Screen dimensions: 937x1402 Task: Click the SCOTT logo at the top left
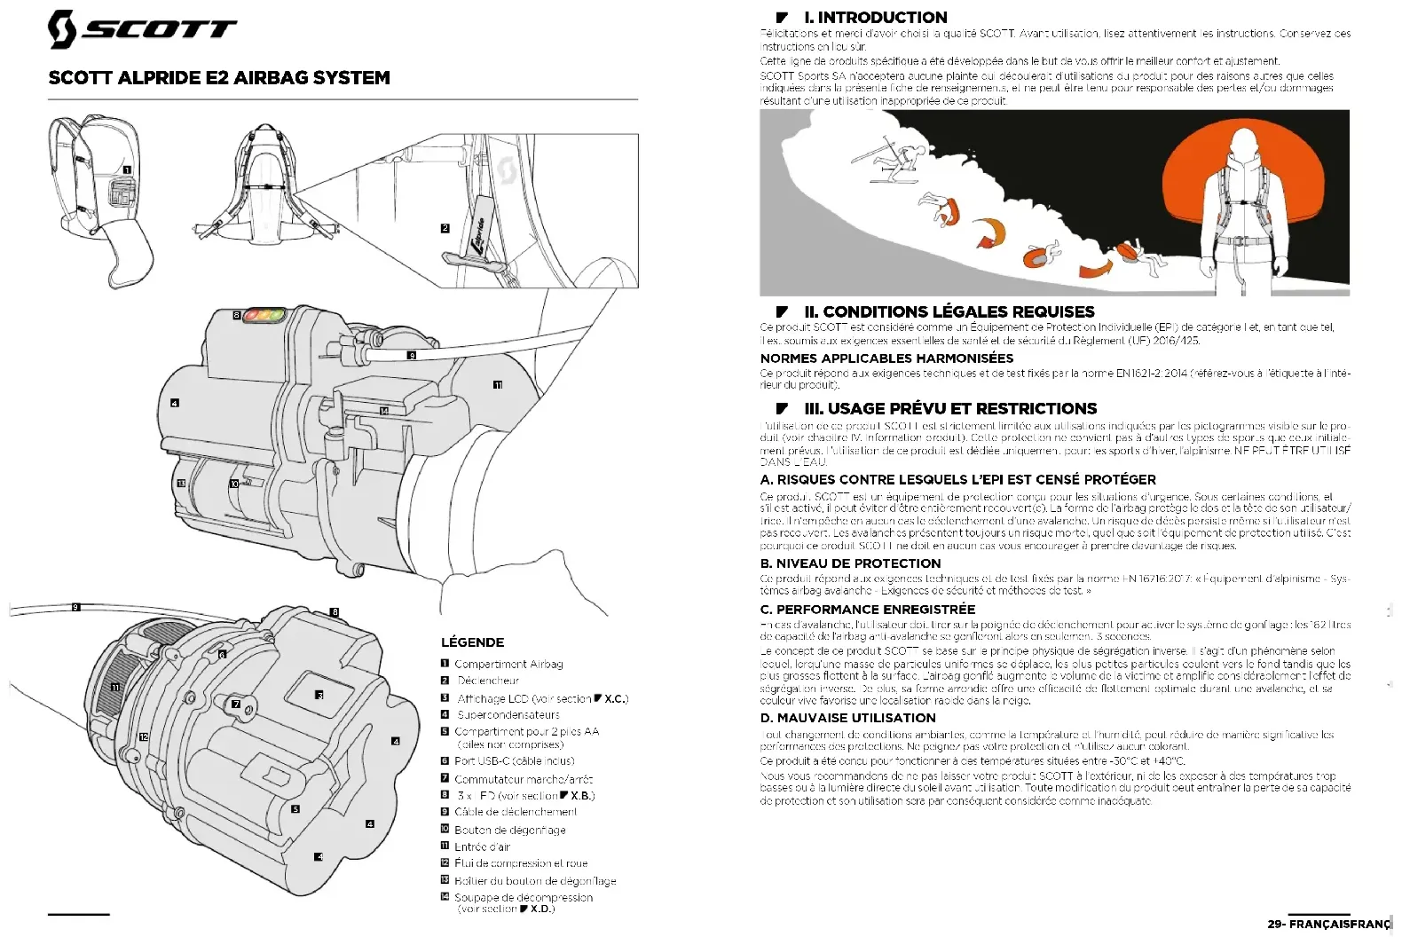coord(142,28)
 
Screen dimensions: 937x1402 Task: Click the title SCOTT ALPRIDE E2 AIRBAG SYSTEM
coord(219,78)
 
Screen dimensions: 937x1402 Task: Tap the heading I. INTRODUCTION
coord(875,17)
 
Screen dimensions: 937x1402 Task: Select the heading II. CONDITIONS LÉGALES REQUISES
coord(949,311)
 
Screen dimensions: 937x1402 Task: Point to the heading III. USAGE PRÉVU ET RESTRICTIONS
coord(950,409)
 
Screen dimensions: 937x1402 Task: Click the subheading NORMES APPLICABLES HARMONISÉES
coord(886,358)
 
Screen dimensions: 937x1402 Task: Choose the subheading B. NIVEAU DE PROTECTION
coord(850,563)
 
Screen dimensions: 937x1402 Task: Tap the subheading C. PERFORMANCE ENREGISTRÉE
coord(867,610)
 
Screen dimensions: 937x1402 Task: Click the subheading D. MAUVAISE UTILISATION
coord(847,718)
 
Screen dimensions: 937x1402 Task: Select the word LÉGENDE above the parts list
coord(472,642)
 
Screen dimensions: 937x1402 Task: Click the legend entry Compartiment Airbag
coord(508,664)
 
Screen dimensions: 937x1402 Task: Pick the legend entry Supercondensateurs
coord(508,714)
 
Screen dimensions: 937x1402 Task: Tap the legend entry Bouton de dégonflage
coord(510,830)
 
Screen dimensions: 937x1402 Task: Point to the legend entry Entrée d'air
coord(482,846)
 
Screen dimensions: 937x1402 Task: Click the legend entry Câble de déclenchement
coord(516,812)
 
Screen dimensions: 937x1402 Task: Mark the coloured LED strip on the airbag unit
coord(264,314)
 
